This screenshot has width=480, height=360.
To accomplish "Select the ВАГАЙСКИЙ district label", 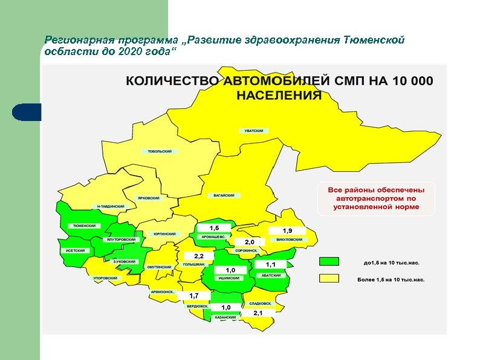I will [x=224, y=195].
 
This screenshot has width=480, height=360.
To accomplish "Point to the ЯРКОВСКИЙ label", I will [x=149, y=198].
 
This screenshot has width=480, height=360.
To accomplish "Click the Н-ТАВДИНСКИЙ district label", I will [x=111, y=206].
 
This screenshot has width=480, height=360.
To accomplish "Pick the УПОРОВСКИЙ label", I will [x=105, y=278].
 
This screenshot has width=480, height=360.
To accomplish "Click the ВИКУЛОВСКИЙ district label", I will [x=288, y=240].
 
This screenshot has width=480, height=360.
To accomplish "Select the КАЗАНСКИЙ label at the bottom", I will [x=225, y=316].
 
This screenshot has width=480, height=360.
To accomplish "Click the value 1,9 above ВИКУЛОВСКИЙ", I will [x=288, y=231].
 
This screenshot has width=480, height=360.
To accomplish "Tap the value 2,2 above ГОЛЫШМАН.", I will [x=199, y=256].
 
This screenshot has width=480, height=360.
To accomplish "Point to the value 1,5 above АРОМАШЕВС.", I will [x=214, y=227].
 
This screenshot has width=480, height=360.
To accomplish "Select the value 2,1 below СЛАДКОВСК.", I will [x=258, y=313].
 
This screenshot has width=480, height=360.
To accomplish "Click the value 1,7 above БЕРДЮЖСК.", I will [x=194, y=296].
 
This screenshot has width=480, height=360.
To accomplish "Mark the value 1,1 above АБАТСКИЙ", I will [x=270, y=265].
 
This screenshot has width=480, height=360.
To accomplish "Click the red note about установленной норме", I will [x=376, y=197].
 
